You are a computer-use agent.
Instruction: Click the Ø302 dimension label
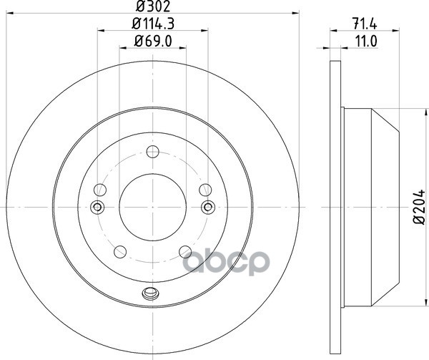coord(153,6)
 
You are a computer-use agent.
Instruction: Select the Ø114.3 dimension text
coord(153,24)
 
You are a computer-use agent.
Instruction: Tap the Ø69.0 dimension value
coord(153,42)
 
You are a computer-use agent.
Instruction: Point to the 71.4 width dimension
coord(365,24)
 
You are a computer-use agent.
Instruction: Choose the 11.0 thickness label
coord(366,42)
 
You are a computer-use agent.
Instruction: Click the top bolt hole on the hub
coord(153,152)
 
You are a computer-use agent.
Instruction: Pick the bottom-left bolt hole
coord(120,252)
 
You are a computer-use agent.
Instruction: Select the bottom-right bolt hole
coord(185,252)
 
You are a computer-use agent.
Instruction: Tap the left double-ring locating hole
coord(97,208)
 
